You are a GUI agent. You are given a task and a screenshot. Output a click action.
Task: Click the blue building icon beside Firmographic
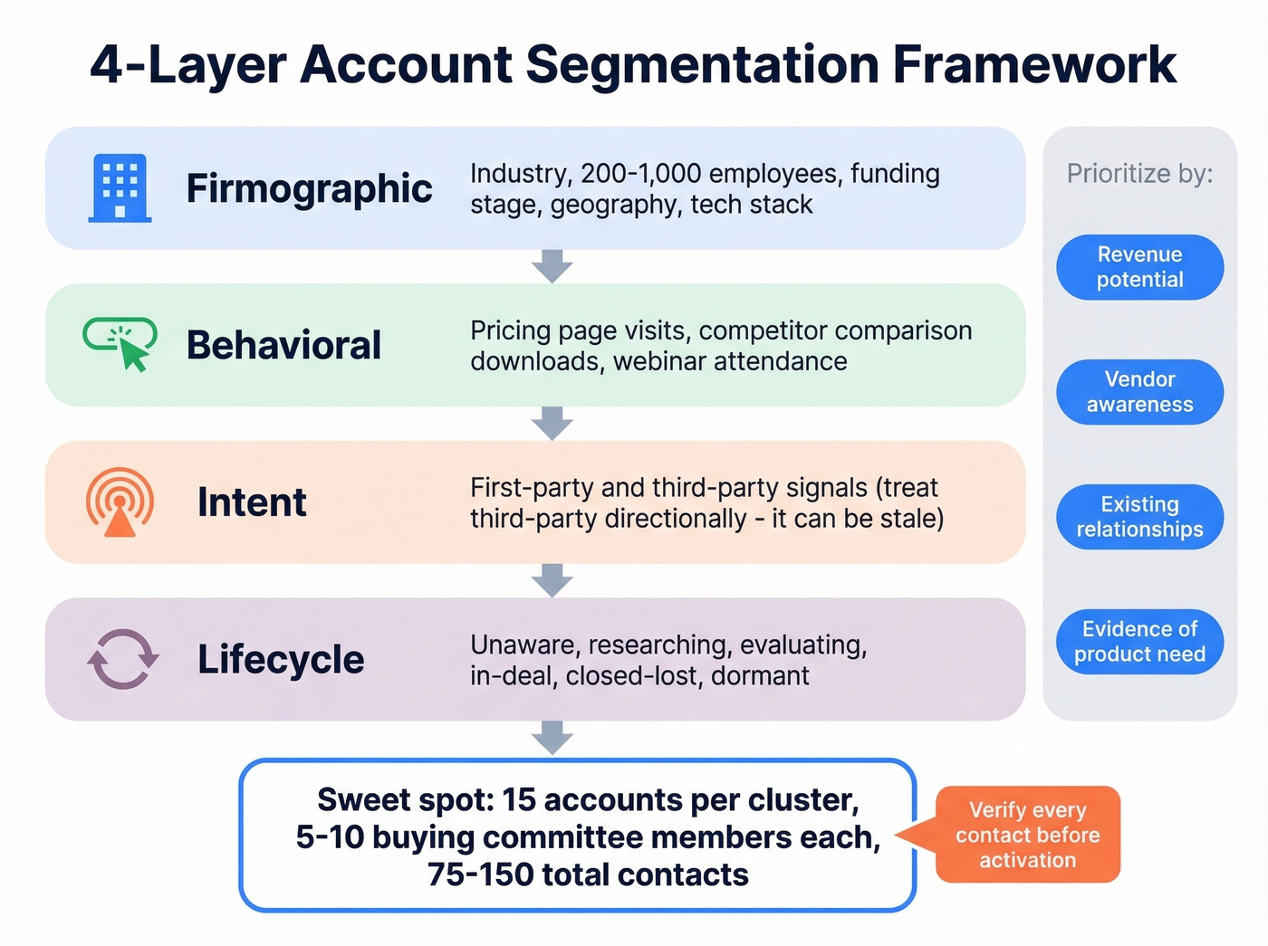coord(120,188)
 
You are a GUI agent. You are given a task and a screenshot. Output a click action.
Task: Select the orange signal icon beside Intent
coord(120,502)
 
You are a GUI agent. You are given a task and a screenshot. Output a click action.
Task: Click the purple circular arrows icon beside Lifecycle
coord(122,659)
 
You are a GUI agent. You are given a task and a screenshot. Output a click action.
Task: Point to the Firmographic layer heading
coord(309,188)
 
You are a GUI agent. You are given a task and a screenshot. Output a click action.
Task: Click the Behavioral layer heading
coord(283,345)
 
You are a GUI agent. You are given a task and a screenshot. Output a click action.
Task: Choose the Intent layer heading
coord(252,502)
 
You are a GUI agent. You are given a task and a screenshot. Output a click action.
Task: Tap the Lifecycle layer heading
coord(281,659)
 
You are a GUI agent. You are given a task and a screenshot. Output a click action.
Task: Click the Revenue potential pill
coord(1139,267)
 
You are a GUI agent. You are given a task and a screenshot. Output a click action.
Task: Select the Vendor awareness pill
coord(1139,392)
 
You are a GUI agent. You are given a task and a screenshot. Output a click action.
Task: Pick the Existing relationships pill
coord(1139,517)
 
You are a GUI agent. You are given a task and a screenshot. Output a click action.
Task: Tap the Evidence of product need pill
coord(1139,642)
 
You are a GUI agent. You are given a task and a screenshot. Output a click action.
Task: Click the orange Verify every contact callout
coord(1027,835)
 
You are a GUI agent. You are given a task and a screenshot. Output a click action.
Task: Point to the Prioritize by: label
coord(1139,174)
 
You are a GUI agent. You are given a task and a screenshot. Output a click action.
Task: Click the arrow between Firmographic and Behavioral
coord(552,266)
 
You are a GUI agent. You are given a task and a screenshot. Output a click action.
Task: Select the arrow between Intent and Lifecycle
coord(552,580)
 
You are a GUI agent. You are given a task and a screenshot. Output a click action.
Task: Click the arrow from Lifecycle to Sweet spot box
coord(552,738)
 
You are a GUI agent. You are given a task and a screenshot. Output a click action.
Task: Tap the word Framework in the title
coord(1033,65)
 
